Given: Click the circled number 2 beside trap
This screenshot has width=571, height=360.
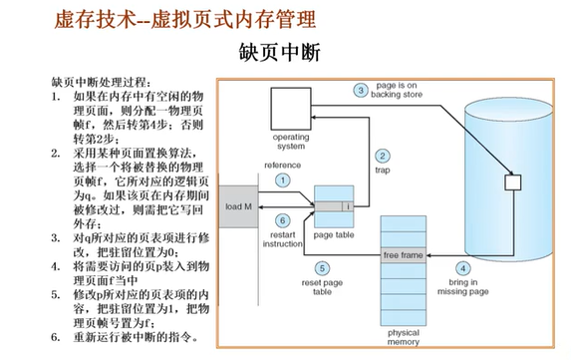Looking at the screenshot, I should tap(381, 156).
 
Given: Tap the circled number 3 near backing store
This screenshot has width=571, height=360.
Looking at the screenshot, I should tap(361, 91).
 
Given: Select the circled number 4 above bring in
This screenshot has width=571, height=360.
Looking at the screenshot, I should tap(461, 268).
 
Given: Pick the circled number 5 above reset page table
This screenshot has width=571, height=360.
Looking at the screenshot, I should tap(322, 268).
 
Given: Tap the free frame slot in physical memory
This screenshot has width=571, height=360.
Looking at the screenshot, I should tap(405, 255).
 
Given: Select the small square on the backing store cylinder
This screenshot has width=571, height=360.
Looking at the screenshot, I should tap(514, 182).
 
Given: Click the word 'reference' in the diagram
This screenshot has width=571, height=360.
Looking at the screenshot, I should tap(282, 164).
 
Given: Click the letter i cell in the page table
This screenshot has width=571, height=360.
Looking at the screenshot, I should tap(347, 206).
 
